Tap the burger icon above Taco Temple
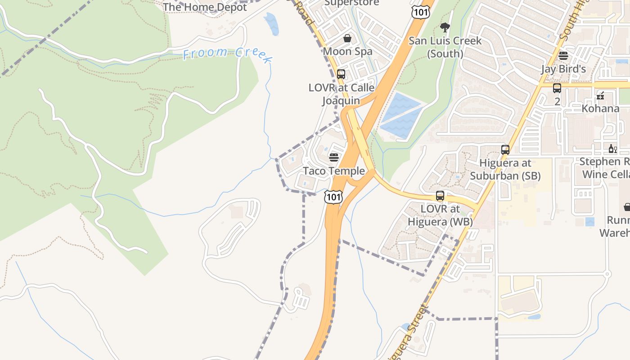click(x=334, y=157)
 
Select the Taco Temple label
click(x=334, y=171)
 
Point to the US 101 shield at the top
click(x=420, y=12)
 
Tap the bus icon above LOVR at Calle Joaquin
click(x=341, y=74)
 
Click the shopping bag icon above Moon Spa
click(x=347, y=38)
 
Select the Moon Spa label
click(x=347, y=51)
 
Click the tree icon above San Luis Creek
click(x=445, y=27)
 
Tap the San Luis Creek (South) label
click(x=445, y=47)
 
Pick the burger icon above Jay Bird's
click(x=563, y=56)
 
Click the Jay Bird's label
click(x=563, y=69)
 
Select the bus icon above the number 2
click(x=557, y=88)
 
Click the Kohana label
click(x=600, y=108)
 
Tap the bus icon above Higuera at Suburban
click(x=505, y=150)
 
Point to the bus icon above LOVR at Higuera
click(x=440, y=196)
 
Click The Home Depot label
click(x=205, y=7)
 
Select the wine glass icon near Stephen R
click(x=612, y=149)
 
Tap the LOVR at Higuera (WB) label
click(x=440, y=215)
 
